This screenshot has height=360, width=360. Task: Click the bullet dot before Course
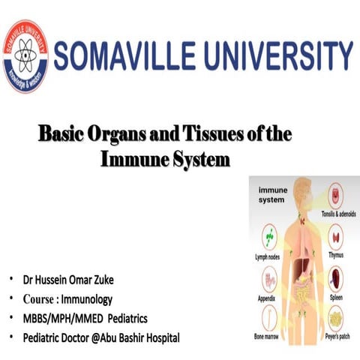point(10,298)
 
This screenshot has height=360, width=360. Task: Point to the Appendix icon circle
point(268,279)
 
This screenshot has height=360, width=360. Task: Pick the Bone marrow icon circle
point(268,320)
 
